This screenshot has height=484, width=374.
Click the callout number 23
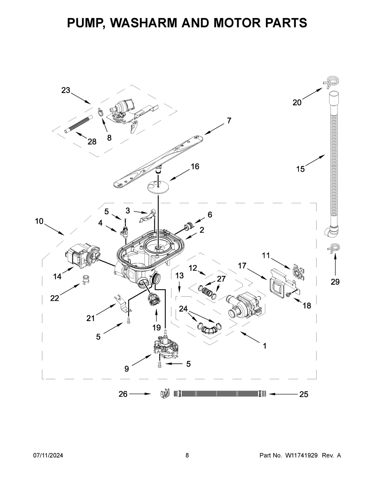pos(66,90)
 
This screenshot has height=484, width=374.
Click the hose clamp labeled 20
pos(333,81)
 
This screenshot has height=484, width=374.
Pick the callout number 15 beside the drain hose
pos(300,169)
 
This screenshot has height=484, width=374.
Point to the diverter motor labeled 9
pos(165,347)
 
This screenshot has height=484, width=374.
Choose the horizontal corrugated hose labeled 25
pos(219,394)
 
